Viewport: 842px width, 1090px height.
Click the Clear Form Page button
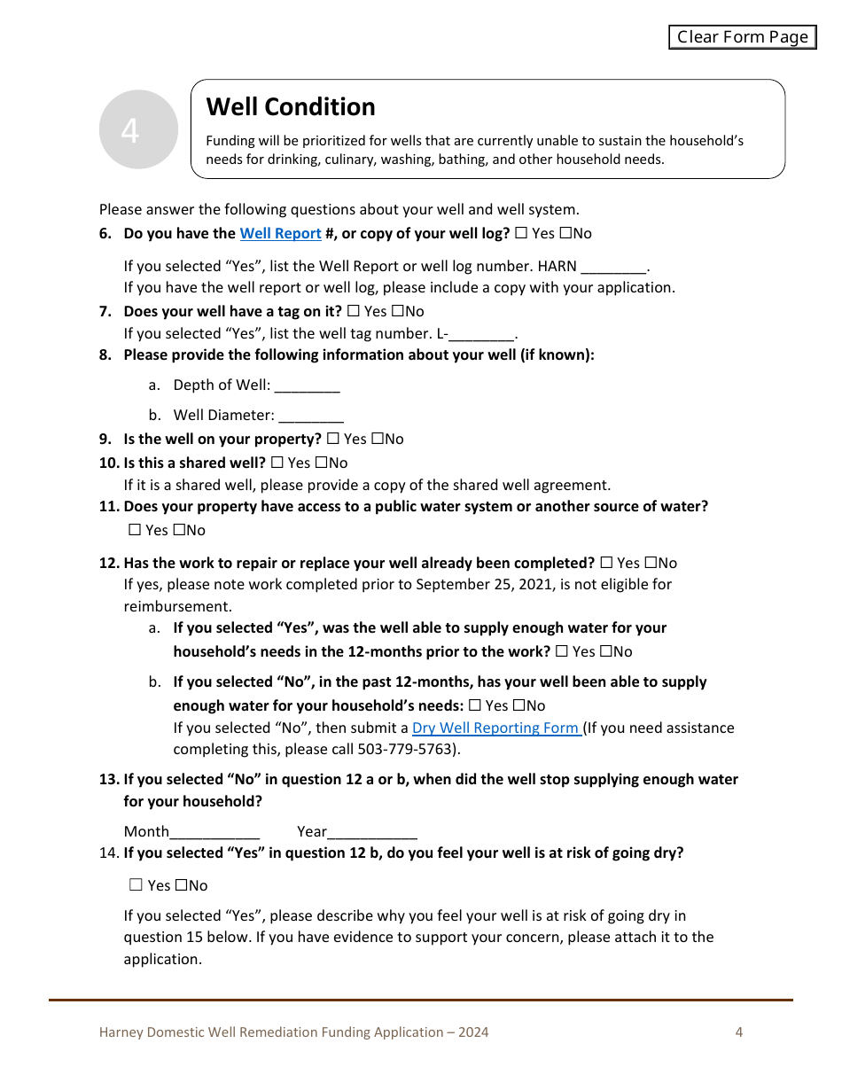tap(742, 36)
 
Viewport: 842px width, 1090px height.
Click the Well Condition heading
tap(291, 107)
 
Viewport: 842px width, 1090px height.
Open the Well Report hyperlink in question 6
tap(280, 233)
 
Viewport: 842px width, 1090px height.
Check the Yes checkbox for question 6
tap(520, 233)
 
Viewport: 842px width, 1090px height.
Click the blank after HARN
tap(613, 266)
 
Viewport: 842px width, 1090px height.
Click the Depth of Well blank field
tap(307, 385)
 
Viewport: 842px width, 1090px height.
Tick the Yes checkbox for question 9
tap(333, 439)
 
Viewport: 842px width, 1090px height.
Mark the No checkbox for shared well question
tap(321, 463)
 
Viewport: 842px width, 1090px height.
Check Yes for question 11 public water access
tap(135, 530)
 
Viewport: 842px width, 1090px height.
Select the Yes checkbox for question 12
tap(606, 563)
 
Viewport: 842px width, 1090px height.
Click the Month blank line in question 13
tap(214, 832)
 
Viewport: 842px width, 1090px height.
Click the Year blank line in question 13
tap(372, 832)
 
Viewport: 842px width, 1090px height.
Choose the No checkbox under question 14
tap(181, 885)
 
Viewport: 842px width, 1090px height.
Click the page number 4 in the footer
tap(738, 1032)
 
